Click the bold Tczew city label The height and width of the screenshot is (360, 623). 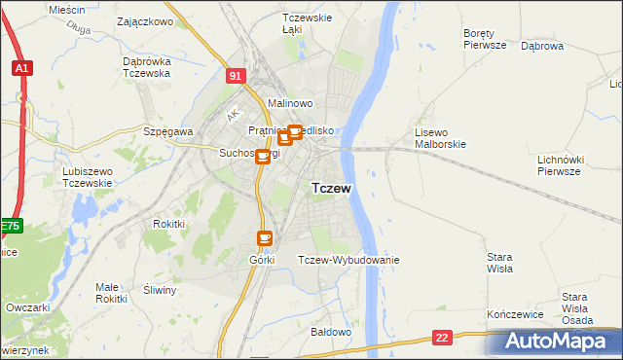[331, 188]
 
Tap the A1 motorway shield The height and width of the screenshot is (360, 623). [21, 68]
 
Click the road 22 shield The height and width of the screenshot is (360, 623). [443, 338]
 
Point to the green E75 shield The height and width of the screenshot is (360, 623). [10, 226]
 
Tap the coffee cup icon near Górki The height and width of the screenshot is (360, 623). [264, 237]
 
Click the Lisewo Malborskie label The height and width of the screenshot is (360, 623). [441, 138]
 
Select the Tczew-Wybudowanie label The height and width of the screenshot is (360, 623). [348, 260]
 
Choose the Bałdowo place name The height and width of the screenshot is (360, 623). [330, 332]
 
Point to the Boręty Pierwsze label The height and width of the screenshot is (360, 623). [485, 38]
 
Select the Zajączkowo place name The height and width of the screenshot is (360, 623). [144, 20]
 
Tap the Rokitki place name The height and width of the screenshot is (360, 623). [168, 223]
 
